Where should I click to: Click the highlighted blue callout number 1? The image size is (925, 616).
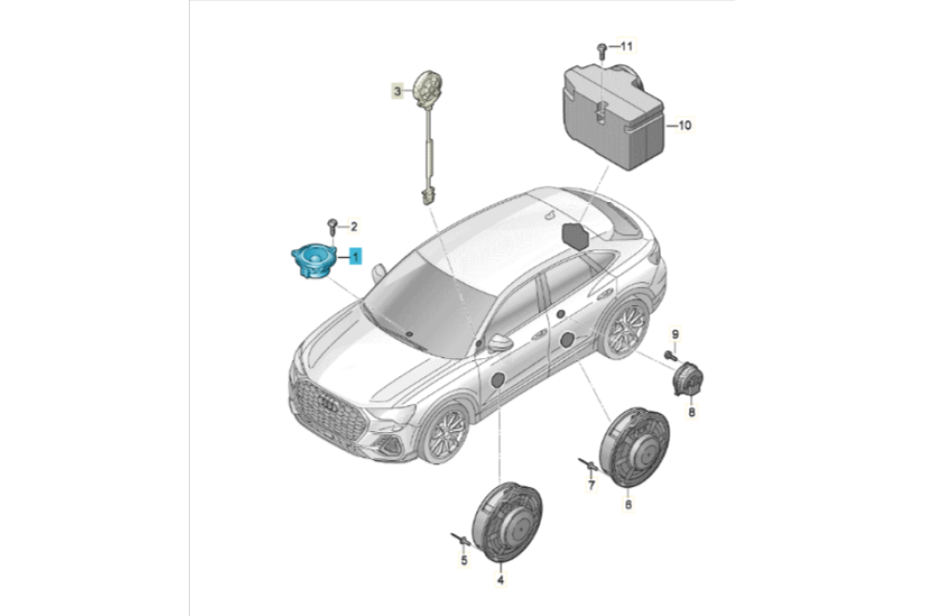click(356, 256)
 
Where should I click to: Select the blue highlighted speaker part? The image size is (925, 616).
click(314, 262)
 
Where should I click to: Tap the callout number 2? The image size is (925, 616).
click(354, 226)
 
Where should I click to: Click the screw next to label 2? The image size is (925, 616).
click(332, 226)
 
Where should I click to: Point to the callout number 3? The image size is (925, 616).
click(398, 91)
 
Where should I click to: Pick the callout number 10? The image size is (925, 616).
click(684, 125)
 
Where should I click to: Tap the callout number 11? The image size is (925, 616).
click(625, 45)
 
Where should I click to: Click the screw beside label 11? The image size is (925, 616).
click(601, 49)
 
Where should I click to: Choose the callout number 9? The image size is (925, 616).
click(675, 334)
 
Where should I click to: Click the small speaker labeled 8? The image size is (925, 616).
click(688, 380)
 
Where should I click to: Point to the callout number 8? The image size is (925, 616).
click(692, 411)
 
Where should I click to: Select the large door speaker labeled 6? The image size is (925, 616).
click(634, 448)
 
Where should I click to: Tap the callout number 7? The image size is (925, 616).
click(591, 485)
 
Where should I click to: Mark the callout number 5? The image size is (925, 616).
click(464, 560)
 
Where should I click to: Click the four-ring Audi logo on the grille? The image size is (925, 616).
click(328, 403)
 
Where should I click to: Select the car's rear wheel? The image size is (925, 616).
click(626, 328)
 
